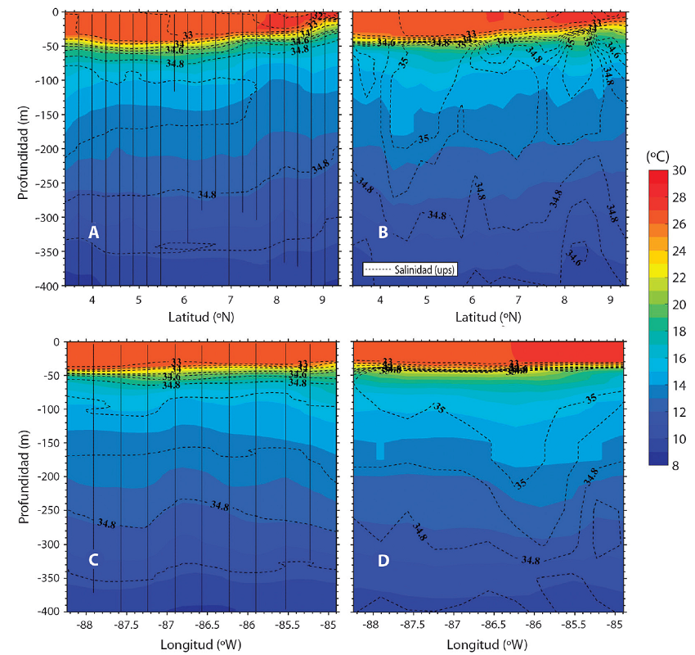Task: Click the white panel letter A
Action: (x=94, y=233)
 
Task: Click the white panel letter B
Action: (x=383, y=233)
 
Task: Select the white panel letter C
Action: (x=94, y=560)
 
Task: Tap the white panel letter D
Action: (x=383, y=560)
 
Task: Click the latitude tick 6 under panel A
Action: (x=185, y=300)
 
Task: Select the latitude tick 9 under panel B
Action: (x=611, y=300)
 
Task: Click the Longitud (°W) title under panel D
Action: (x=488, y=644)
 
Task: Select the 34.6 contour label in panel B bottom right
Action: (x=575, y=261)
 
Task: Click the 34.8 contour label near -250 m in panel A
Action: (x=208, y=194)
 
